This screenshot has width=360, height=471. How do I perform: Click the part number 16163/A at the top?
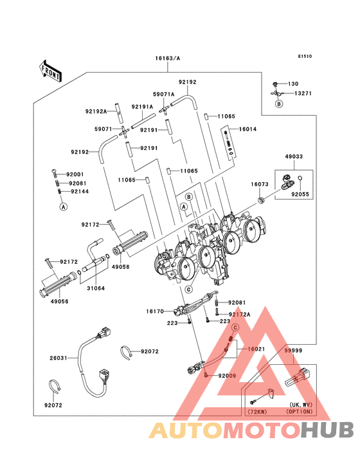tap(167, 58)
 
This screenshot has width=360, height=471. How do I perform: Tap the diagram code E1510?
tap(304, 57)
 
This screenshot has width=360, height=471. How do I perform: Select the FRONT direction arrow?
tap(51, 71)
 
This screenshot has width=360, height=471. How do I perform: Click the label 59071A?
tap(164, 93)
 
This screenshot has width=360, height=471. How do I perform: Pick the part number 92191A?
tap(143, 107)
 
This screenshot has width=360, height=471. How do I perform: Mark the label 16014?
tap(248, 129)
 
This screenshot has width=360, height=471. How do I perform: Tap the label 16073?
tap(260, 185)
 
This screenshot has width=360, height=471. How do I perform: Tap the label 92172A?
tap(240, 314)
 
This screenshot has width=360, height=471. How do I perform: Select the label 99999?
tap(295, 350)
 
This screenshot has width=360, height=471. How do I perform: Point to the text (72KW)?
tap(256, 411)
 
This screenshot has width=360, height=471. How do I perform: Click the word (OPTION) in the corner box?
tap(299, 411)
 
